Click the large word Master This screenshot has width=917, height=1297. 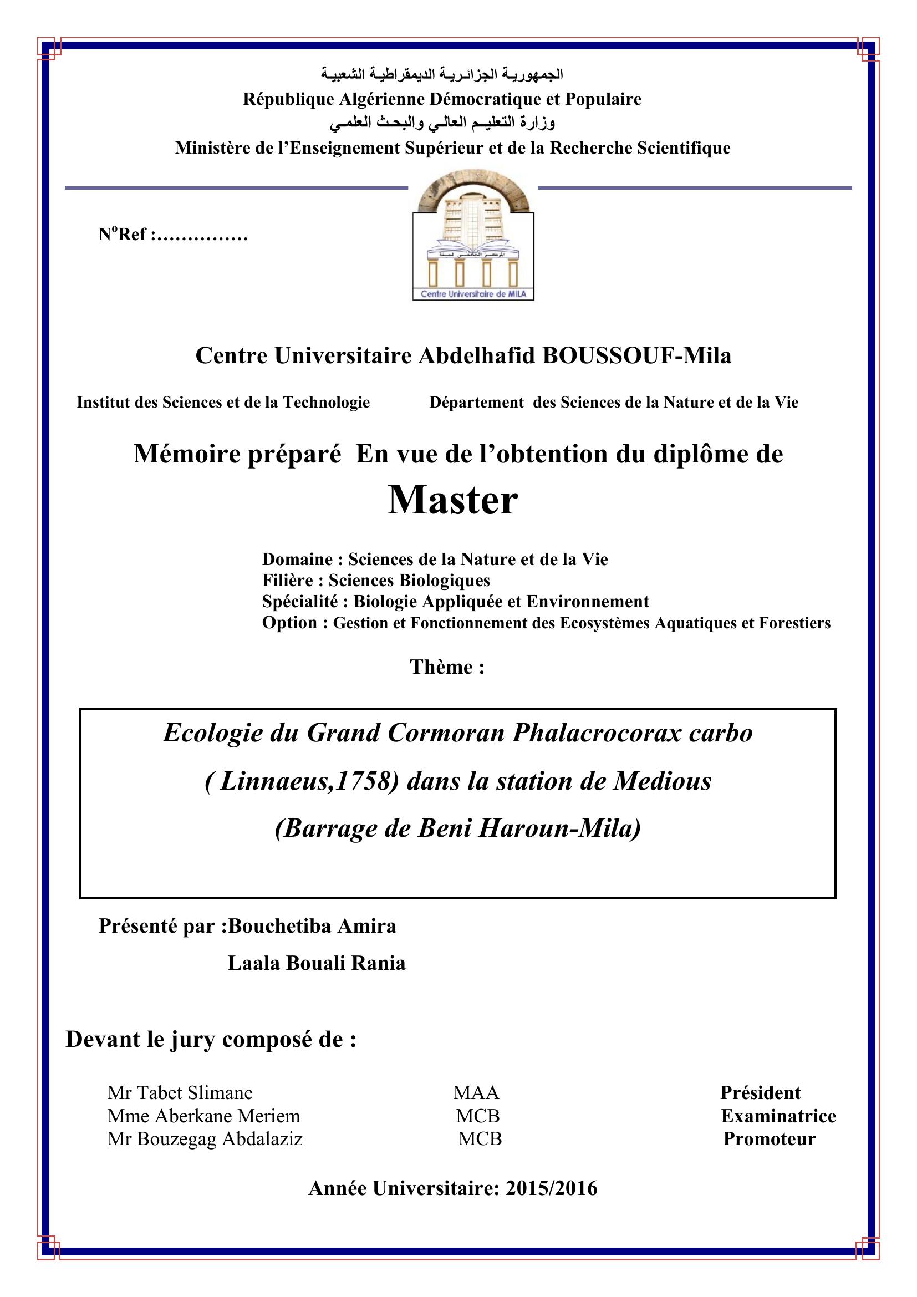(x=452, y=501)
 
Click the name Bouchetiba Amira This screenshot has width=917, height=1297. (x=312, y=926)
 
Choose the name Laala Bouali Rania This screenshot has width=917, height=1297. (x=317, y=963)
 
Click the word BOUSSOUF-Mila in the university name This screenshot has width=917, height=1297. (x=636, y=356)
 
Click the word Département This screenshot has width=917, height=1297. (x=477, y=402)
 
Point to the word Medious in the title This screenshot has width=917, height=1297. (x=663, y=781)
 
